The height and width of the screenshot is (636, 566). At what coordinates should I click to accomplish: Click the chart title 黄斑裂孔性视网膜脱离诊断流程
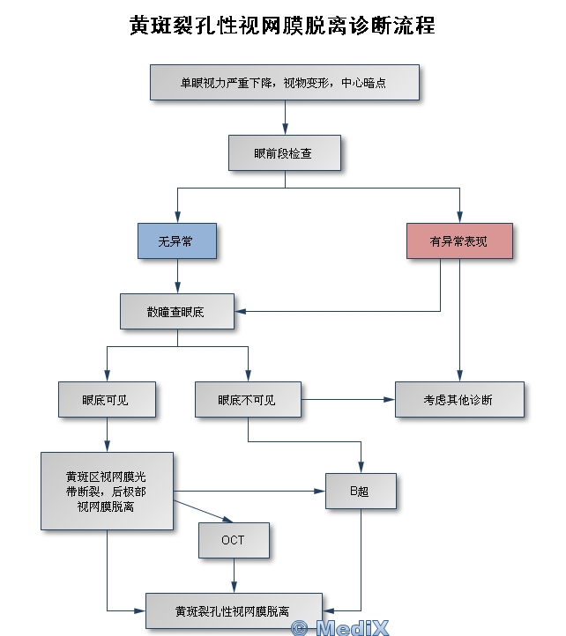[282, 26]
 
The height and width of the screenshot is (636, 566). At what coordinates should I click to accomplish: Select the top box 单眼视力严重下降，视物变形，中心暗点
[284, 83]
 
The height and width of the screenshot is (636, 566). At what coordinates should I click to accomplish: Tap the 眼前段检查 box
[284, 152]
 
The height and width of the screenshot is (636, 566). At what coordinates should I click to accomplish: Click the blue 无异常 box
[176, 240]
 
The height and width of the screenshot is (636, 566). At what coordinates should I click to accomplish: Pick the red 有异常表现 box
[458, 240]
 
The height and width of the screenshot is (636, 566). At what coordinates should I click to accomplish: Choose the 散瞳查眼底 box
[176, 311]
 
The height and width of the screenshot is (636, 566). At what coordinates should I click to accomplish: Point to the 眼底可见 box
[107, 399]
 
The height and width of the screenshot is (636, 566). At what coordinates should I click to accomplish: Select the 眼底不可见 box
[248, 399]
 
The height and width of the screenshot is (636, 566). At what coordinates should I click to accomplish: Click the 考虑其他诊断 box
[458, 399]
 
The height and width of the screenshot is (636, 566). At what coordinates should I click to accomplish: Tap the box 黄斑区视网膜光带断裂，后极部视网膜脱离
[107, 491]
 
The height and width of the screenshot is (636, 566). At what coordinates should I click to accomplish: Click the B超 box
[361, 491]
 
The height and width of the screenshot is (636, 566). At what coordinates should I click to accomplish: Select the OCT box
[234, 540]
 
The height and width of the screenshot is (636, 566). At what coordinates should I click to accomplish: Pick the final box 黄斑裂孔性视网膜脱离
[234, 610]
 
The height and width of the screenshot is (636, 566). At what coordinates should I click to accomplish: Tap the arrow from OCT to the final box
[234, 576]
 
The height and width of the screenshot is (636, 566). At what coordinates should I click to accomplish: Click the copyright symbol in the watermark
[300, 627]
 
